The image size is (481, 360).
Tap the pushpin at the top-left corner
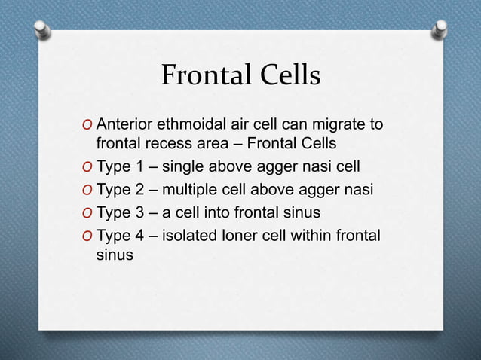click(x=44, y=29)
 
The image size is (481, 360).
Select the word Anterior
click(x=125, y=124)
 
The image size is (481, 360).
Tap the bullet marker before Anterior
click(x=89, y=124)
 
